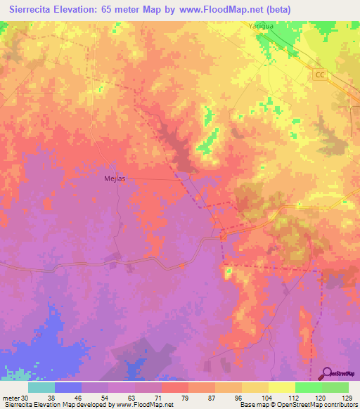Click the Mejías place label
105,178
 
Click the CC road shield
321,74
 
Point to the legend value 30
26,397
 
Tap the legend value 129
346,397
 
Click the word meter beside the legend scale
11,397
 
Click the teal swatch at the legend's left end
41,387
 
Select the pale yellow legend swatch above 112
282,387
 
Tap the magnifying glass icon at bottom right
328,373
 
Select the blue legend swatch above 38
68,387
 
